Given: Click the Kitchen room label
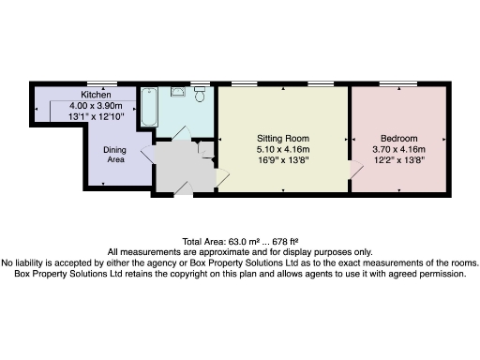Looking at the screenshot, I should (x=97, y=96).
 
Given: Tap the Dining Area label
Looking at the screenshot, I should (x=115, y=154).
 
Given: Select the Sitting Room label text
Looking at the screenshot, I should (x=283, y=137).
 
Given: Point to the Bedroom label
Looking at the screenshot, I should (x=400, y=137).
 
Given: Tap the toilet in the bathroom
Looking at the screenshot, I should (x=200, y=96).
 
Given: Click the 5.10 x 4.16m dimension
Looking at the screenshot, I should (x=283, y=148).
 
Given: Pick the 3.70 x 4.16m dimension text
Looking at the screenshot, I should (x=400, y=148).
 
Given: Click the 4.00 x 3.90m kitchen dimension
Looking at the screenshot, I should (x=97, y=106).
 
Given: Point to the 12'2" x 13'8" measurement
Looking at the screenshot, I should (x=400, y=159).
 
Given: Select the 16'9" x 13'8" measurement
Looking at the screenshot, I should (x=283, y=159).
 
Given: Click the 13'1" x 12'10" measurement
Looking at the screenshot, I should (x=97, y=116).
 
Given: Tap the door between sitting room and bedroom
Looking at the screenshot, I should (x=354, y=169).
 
